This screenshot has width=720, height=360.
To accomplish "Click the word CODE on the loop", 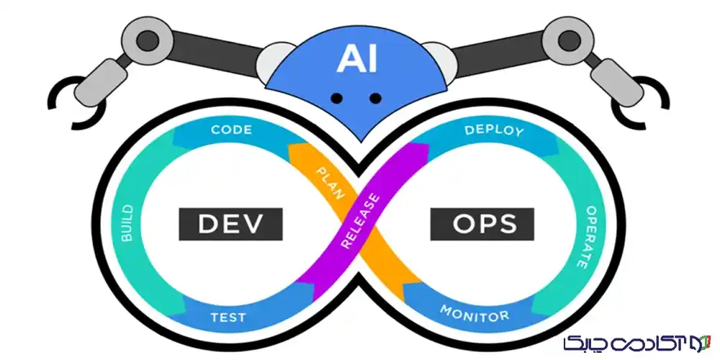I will pos(231,130).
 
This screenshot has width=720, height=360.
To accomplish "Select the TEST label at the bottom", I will pos(228,317).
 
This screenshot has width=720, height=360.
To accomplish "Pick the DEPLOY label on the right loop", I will pos(494,130).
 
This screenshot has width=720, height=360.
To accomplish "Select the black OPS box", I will pos(485,225).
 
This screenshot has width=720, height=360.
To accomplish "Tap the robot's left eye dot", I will pos(334,98).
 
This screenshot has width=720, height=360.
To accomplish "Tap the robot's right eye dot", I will pos(375,98).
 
